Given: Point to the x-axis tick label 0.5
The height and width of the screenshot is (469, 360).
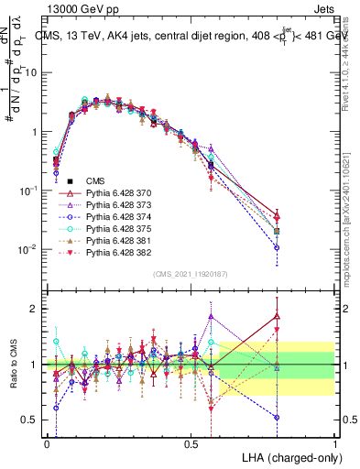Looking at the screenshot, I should tap(191, 443).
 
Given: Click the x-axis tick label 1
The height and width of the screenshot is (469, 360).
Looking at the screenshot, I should tap(334, 443).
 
